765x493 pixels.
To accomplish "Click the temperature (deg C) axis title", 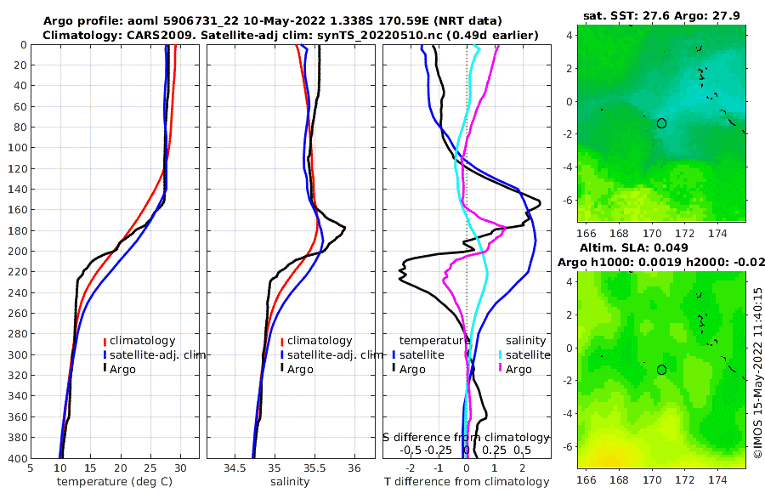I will [x=114, y=482].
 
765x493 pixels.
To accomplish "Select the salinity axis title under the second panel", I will [x=290, y=482].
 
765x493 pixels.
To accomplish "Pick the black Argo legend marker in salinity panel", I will [x=281, y=369].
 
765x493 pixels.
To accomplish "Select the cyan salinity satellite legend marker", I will [x=501, y=354].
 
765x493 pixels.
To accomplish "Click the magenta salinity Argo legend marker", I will [x=501, y=369].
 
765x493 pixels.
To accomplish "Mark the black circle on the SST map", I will [x=661, y=123].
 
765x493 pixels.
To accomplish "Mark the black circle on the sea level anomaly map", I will [x=661, y=370].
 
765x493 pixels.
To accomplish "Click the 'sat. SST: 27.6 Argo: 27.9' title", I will [x=660, y=14].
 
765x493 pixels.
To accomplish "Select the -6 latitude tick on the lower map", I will [x=568, y=445].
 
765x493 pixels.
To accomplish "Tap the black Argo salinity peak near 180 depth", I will [x=344, y=227].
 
